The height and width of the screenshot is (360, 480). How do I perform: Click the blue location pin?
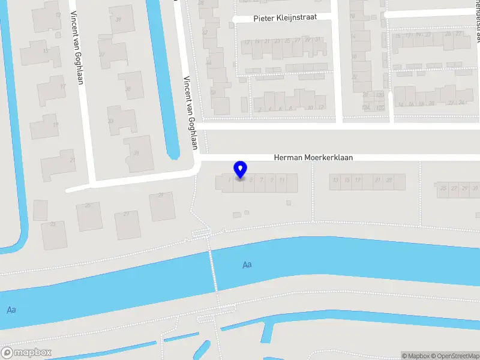pyautogui.click(x=240, y=170)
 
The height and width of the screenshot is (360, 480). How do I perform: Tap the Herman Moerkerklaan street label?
pyautogui.click(x=313, y=157)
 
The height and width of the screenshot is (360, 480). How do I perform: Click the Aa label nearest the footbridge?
pyautogui.click(x=247, y=265)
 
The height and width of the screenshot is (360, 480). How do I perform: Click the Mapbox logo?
pyautogui.click(x=26, y=353)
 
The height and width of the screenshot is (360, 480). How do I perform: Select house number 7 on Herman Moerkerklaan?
pyautogui.click(x=262, y=180)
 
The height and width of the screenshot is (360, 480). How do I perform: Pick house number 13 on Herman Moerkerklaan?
pyautogui.click(x=336, y=180)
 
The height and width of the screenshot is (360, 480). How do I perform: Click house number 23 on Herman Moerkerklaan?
pyautogui.click(x=389, y=180)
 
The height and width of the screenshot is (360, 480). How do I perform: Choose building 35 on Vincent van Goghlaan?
pyautogui.click(x=128, y=89)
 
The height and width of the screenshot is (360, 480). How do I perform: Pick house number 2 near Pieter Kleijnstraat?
pyautogui.click(x=259, y=109)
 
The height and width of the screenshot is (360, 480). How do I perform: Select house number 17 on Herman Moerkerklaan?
pyautogui.click(x=358, y=180)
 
